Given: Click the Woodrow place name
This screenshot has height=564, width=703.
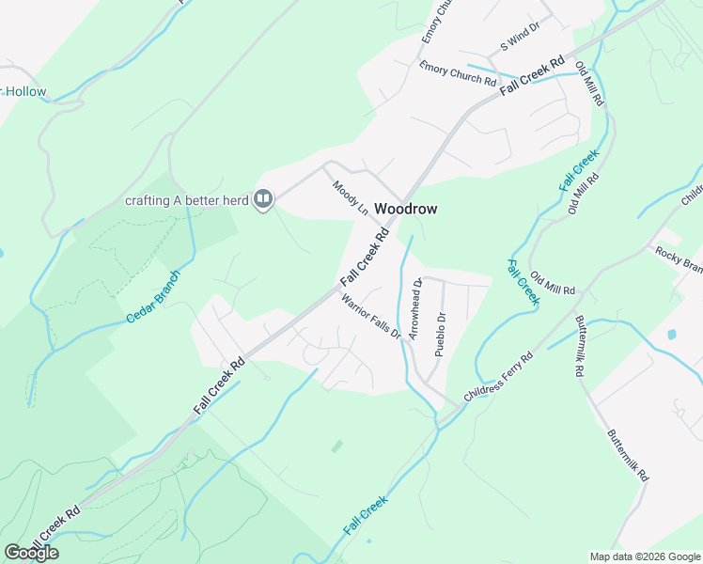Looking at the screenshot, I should pyautogui.click(x=406, y=208).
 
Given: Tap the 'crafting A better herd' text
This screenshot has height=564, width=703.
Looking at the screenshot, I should pyautogui.click(x=188, y=199).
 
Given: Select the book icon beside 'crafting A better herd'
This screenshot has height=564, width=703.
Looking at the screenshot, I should pyautogui.click(x=264, y=198).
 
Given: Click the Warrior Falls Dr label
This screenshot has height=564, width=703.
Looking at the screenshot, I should pyautogui.click(x=371, y=317).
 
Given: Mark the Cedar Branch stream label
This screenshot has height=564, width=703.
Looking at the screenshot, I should pyautogui.click(x=152, y=304).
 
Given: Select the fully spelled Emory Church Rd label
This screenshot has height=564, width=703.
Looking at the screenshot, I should pyautogui.click(x=458, y=73).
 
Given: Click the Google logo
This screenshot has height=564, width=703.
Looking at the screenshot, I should pyautogui.click(x=31, y=552).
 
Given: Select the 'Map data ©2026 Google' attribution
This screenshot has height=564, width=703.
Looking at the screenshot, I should pyautogui.click(x=645, y=556).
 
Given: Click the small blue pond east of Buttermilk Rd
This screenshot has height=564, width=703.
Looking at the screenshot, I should pyautogui.click(x=672, y=334).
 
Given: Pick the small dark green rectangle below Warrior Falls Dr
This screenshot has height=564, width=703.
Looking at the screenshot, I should pyautogui.click(x=337, y=446).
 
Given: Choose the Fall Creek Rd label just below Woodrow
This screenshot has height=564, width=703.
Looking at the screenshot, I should pyautogui.click(x=365, y=256).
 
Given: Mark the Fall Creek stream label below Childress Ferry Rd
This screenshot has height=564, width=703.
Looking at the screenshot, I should pyautogui.click(x=365, y=516).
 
